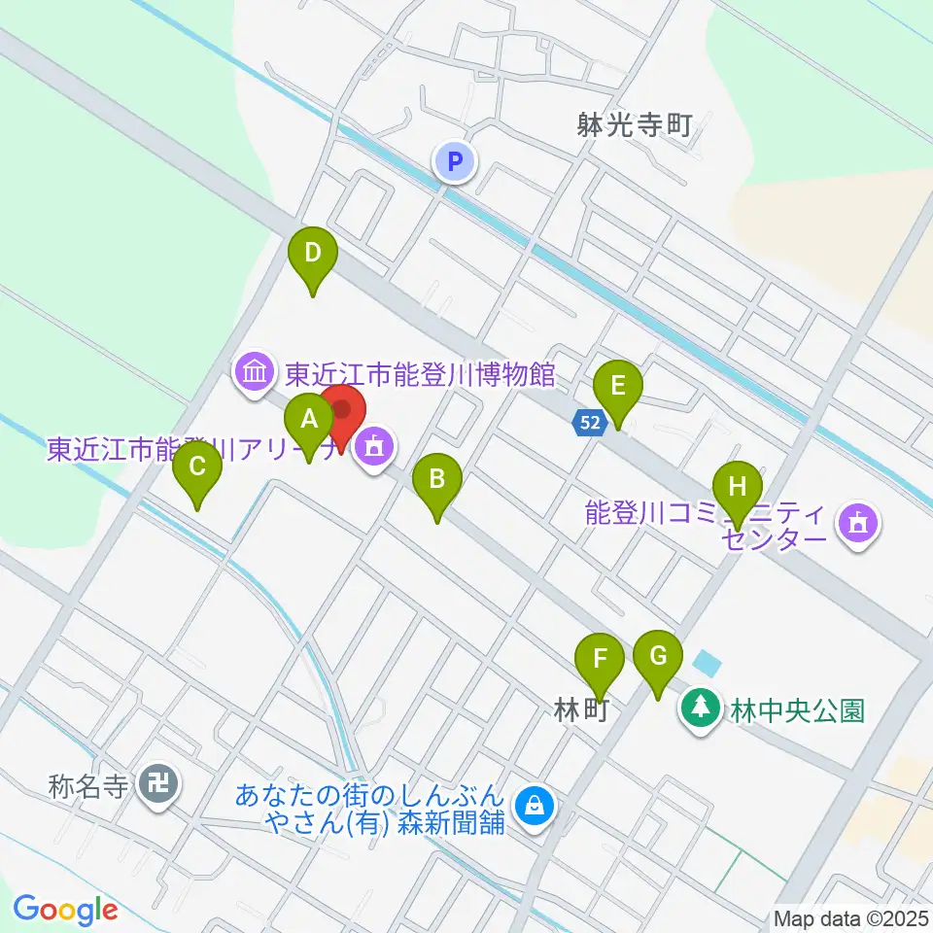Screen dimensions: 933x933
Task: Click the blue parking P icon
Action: [x=454, y=160]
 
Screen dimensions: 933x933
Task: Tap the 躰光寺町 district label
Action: [x=634, y=125]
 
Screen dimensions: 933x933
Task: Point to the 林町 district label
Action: [x=581, y=711]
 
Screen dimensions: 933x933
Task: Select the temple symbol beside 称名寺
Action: [x=158, y=781]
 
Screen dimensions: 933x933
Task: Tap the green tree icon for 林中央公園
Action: [x=698, y=707]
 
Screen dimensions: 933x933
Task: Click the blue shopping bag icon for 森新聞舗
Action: [x=535, y=807]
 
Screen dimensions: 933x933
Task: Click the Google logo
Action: [x=65, y=910]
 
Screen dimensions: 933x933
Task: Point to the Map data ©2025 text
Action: [x=850, y=917]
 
